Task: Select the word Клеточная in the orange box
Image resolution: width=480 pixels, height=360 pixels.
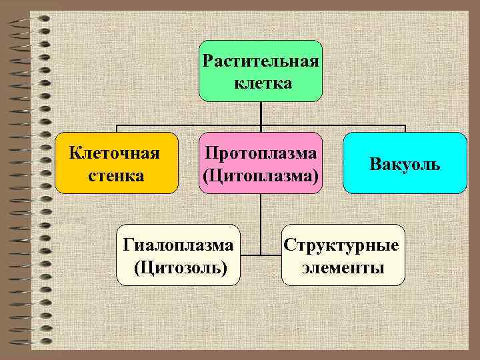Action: pos(115,153)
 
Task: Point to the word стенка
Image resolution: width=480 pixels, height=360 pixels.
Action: pos(115,175)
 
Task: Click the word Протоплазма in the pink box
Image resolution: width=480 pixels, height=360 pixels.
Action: pos(261,153)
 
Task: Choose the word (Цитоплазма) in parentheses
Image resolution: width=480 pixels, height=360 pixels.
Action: pos(261,175)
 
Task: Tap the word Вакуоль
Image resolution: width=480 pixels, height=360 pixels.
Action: pos(405,164)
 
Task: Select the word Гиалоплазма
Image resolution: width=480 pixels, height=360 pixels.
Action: pos(179,245)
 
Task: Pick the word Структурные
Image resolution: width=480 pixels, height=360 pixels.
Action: pos(342,245)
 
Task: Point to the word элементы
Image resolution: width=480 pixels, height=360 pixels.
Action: pos(343,268)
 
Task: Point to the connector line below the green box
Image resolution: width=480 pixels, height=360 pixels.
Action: pos(261,113)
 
